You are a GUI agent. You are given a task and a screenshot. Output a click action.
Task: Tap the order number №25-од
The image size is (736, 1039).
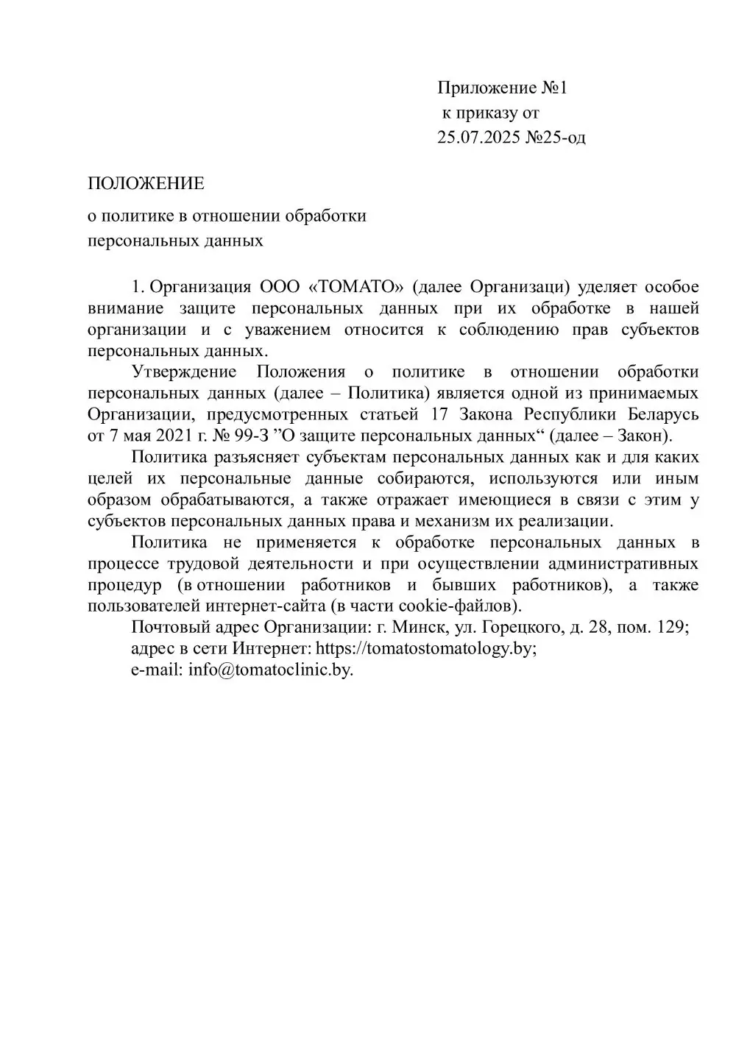pyautogui.click(x=556, y=137)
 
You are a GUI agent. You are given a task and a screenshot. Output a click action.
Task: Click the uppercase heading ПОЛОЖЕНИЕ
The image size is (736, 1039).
pyautogui.click(x=146, y=183)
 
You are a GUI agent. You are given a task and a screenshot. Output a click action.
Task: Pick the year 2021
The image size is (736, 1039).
pyautogui.click(x=174, y=436)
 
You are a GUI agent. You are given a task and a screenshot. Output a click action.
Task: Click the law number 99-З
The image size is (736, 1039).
pyautogui.click(x=258, y=436)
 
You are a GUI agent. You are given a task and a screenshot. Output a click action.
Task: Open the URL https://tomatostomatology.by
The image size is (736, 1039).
pyautogui.click(x=425, y=649)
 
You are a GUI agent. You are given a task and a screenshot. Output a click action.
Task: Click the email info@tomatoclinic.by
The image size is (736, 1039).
pyautogui.click(x=271, y=670)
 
